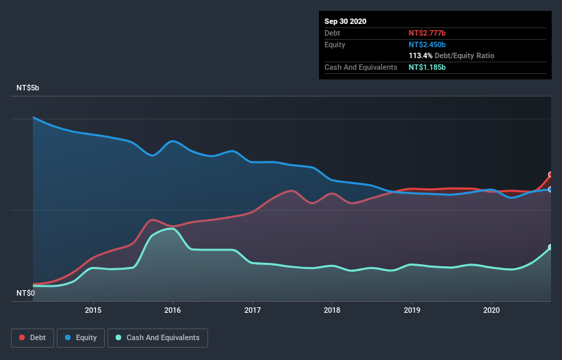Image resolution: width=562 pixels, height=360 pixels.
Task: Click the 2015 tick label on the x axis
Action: click(x=93, y=310)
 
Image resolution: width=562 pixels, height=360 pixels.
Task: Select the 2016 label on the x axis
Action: click(x=173, y=310)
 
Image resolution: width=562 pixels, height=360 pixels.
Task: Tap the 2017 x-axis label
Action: click(x=253, y=310)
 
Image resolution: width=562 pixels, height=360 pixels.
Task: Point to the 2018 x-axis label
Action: click(x=332, y=310)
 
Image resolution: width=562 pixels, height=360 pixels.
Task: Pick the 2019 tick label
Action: click(x=412, y=310)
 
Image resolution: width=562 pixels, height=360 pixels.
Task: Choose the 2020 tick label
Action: click(x=491, y=310)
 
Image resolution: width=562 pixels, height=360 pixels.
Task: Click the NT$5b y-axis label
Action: click(x=28, y=88)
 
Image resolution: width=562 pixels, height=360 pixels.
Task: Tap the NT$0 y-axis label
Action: click(x=25, y=293)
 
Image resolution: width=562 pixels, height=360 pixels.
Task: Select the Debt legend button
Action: click(x=34, y=337)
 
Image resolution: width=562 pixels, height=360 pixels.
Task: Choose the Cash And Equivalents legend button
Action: click(x=157, y=337)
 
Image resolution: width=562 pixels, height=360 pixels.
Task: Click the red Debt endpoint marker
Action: click(x=550, y=175)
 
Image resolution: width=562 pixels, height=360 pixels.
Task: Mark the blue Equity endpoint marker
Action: click(x=550, y=190)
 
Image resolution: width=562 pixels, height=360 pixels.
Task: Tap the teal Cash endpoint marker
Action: click(x=550, y=247)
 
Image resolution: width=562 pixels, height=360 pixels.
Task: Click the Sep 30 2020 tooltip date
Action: click(x=346, y=21)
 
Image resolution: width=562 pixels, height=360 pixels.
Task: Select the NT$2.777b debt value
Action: click(x=427, y=33)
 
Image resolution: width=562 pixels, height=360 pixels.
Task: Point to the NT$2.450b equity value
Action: click(x=427, y=44)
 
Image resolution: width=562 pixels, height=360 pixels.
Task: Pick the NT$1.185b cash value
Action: click(x=427, y=67)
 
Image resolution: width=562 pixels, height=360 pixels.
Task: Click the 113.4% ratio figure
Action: click(x=420, y=55)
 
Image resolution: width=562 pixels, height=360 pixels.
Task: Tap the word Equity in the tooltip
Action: click(x=335, y=44)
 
